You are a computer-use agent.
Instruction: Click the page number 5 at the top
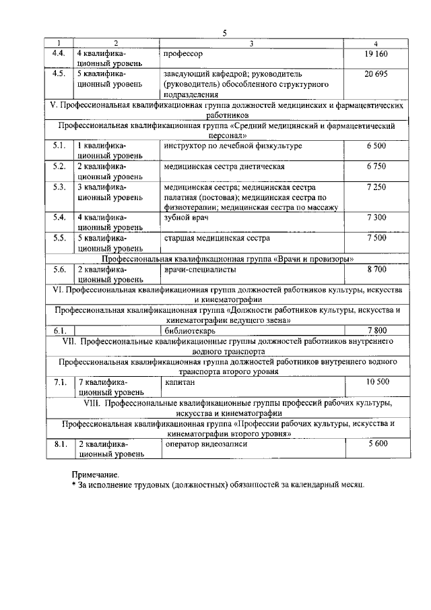[x=225, y=33]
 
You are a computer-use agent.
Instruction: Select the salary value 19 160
[x=376, y=53]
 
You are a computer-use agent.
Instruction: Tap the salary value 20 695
[x=376, y=73]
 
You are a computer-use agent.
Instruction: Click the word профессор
[x=183, y=53]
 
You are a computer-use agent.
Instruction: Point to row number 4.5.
[x=59, y=73]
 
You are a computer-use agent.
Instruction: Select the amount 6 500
[x=376, y=146]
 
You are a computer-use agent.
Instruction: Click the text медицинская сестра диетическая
[x=224, y=166]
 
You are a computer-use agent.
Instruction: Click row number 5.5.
[x=59, y=239]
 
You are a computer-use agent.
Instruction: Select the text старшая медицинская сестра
[x=216, y=239]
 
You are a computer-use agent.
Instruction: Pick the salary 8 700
[x=376, y=270]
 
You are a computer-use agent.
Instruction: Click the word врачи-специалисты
[x=200, y=270]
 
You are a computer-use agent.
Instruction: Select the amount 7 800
[x=376, y=331]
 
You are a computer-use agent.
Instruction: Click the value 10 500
[x=377, y=382]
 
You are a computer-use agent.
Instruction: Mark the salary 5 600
[x=377, y=444]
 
